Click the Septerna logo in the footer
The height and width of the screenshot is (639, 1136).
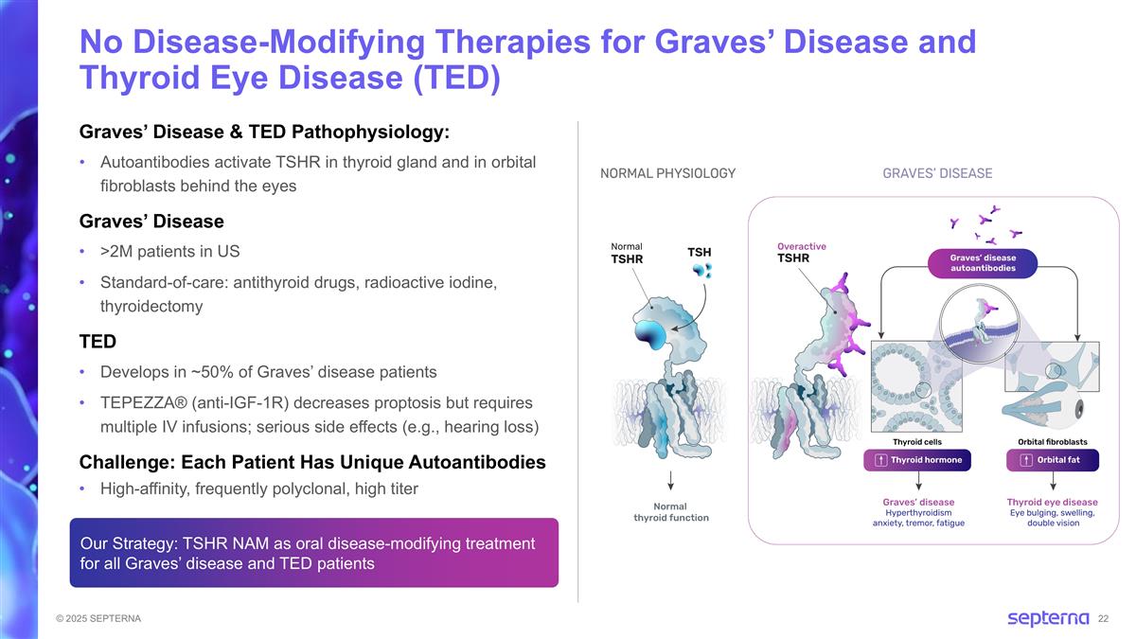pos(1048,618)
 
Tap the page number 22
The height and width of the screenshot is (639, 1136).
pos(1103,619)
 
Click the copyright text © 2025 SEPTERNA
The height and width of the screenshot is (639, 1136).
pos(98,618)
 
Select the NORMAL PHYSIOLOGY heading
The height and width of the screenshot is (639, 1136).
pos(667,173)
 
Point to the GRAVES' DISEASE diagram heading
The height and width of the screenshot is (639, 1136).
pos(937,173)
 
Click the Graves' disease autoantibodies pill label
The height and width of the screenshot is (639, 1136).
pos(984,262)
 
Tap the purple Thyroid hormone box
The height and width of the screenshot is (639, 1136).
pos(918,460)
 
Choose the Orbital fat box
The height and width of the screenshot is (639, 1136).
pos(1053,460)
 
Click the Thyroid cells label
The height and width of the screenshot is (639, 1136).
pos(917,441)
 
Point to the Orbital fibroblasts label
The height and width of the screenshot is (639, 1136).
pos(1052,441)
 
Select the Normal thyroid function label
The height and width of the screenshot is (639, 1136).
pos(670,512)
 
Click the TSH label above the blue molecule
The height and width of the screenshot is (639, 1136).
pos(699,252)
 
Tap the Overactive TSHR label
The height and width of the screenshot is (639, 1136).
pos(801,252)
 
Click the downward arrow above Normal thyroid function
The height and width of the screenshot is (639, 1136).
pos(670,481)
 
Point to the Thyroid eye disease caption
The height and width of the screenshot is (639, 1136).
pos(1052,502)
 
